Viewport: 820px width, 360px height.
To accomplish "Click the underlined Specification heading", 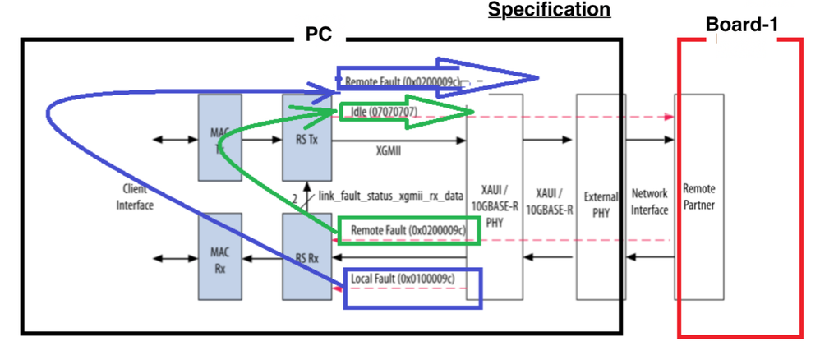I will tap(550, 10).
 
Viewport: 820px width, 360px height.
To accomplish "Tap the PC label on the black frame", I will tap(318, 37).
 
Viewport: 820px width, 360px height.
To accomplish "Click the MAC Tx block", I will tap(219, 137).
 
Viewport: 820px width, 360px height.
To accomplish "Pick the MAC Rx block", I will tap(219, 256).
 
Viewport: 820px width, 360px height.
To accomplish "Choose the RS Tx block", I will tap(304, 137).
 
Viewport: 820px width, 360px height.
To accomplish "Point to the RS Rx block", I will tap(304, 256).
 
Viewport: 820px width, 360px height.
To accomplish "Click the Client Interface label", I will tap(135, 197).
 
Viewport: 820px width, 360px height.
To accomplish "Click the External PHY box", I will tap(601, 197).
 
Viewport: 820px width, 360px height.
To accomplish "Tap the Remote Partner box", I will tap(698, 197).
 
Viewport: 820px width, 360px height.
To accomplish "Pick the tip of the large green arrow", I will tap(474, 112).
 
